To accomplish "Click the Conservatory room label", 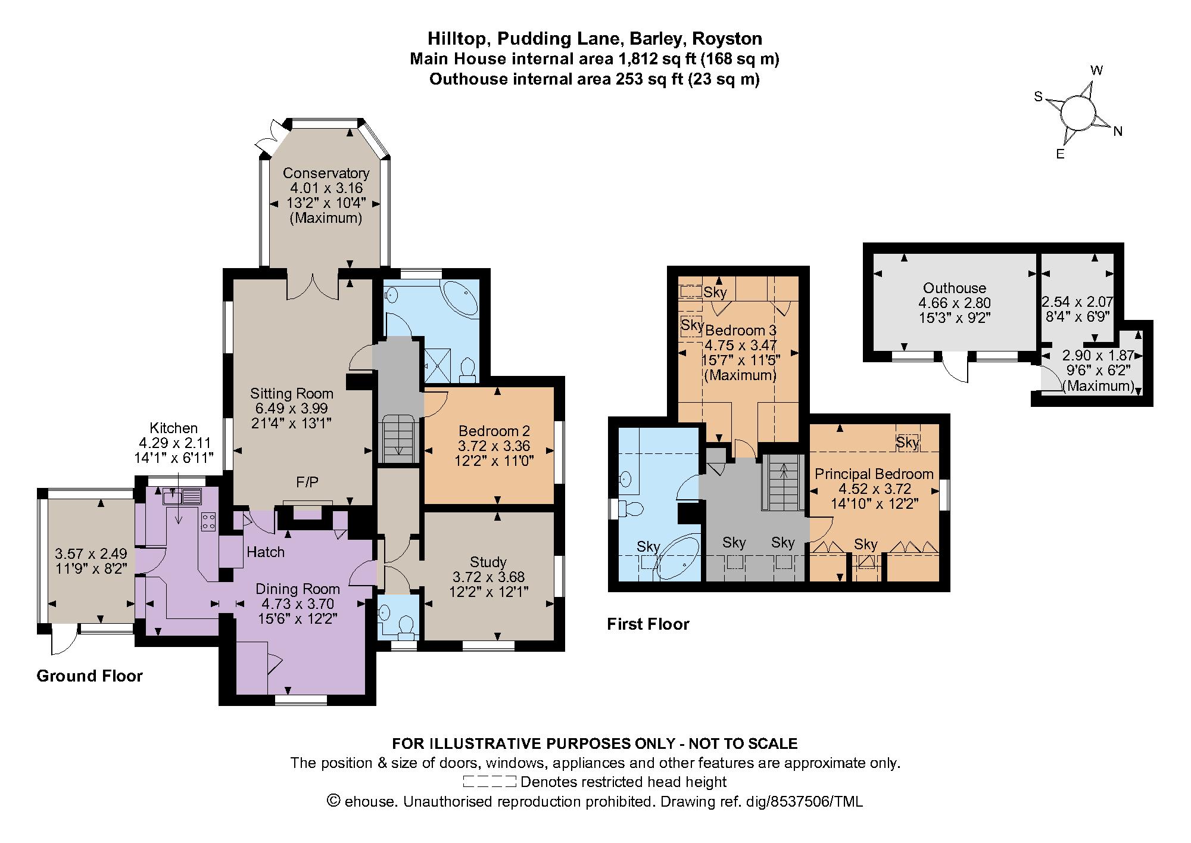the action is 326,173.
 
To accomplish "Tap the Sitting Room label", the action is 291,393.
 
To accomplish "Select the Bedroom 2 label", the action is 494,431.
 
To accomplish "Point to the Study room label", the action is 488,562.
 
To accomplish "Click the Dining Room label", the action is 298,589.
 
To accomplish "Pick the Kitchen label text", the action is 173,428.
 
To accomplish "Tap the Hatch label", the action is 266,552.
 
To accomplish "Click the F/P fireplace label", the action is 307,482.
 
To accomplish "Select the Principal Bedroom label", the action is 874,474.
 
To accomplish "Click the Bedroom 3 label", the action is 741,330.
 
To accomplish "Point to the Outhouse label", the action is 955,288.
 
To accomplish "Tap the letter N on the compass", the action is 1118,132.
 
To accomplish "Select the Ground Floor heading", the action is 89,676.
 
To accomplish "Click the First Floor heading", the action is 648,624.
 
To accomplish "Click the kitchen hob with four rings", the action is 209,521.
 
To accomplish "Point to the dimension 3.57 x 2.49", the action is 91,553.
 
